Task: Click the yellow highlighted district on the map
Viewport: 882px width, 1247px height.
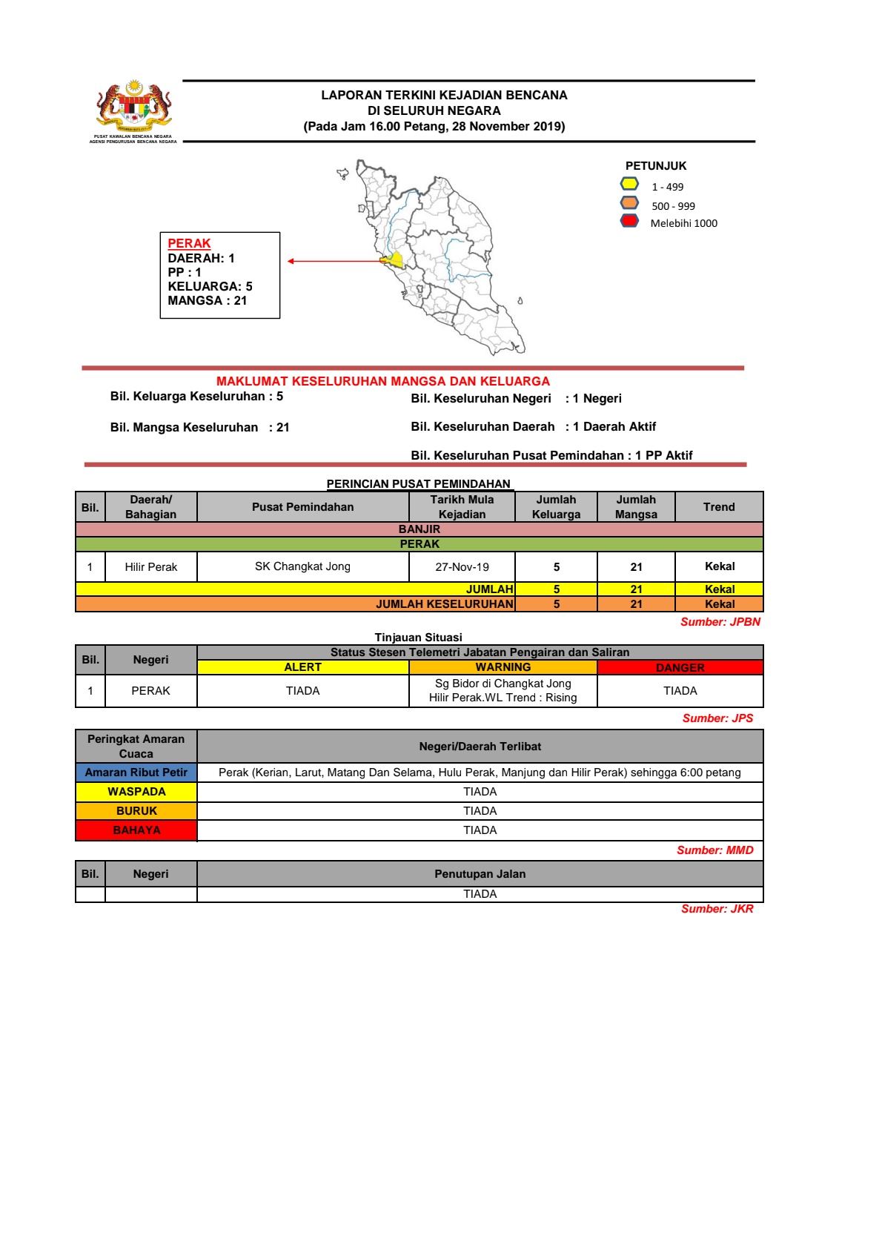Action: pos(394,260)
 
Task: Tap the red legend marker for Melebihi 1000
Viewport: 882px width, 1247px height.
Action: pos(629,221)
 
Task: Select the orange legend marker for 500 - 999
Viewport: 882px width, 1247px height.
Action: pos(629,203)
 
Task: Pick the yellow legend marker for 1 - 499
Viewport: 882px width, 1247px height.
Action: pos(629,184)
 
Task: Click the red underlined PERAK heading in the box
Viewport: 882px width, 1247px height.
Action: pos(189,243)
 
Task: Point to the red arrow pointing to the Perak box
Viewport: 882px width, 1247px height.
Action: pos(334,261)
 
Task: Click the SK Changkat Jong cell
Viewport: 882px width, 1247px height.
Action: pos(302,566)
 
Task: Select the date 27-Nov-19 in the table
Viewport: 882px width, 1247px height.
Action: pos(462,567)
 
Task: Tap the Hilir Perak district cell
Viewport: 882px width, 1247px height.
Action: pos(150,567)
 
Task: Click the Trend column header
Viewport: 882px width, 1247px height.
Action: pos(719,507)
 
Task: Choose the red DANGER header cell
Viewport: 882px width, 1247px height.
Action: pos(680,668)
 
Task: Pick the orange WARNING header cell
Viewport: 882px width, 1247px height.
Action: pos(503,667)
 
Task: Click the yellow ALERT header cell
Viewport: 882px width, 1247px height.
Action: pos(302,667)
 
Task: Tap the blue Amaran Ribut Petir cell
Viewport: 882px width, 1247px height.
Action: pos(136,773)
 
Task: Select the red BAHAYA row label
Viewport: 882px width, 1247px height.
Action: pos(136,830)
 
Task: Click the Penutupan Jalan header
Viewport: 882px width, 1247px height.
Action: pos(480,874)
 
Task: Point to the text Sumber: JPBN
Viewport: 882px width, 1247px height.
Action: pos(720,622)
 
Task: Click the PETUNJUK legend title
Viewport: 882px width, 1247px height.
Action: pos(656,166)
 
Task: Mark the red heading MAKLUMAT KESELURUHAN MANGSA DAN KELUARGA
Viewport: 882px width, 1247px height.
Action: pos(382,381)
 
